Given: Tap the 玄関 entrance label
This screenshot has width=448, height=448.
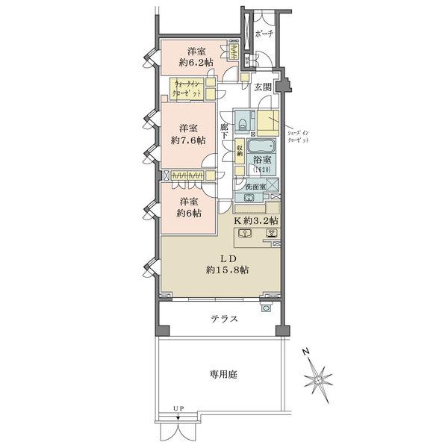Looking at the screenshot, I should coord(263,87).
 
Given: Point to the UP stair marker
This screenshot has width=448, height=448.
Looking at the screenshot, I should coord(177,408).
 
